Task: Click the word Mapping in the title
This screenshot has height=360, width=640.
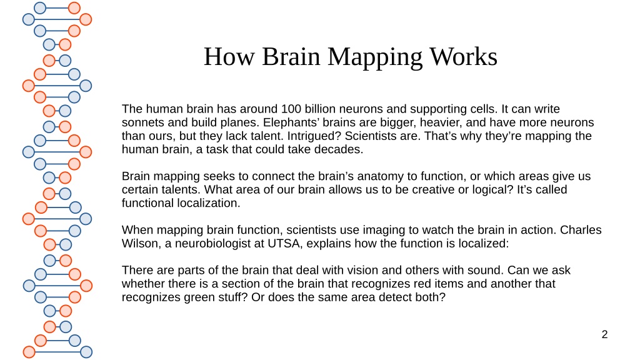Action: (375, 57)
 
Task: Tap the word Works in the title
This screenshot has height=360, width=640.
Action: (463, 56)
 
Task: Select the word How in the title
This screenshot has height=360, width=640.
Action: (229, 56)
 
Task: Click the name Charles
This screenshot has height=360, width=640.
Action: (581, 230)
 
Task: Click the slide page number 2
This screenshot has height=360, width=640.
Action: (604, 334)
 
